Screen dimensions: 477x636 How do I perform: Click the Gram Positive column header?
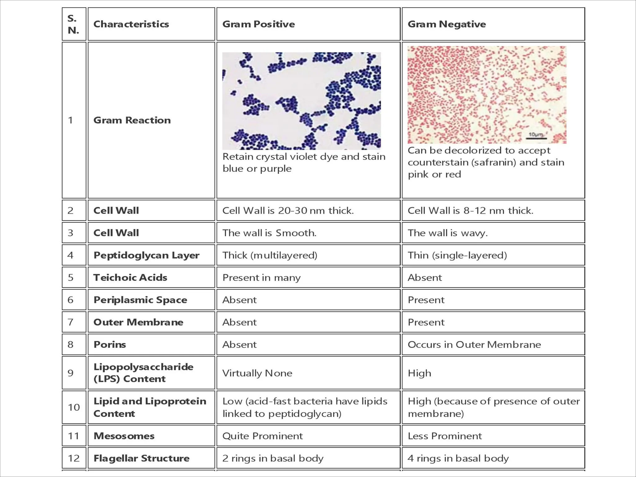click(x=259, y=24)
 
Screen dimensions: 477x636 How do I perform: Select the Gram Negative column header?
click(x=447, y=24)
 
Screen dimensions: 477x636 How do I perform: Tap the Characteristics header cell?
click(x=131, y=24)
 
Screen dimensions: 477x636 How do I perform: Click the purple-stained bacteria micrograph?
click(x=302, y=101)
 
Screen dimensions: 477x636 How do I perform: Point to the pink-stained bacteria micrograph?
click(x=487, y=95)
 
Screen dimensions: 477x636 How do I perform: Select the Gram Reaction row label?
click(x=132, y=120)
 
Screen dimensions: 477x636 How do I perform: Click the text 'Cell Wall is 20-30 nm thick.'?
click(x=288, y=211)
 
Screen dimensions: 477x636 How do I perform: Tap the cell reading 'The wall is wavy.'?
click(x=447, y=233)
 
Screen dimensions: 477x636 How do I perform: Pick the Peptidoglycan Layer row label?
click(x=146, y=255)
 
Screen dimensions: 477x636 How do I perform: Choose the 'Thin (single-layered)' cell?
click(x=457, y=255)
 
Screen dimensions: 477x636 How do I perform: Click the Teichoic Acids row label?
click(x=130, y=278)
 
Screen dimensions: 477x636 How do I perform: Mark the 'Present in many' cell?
click(x=261, y=278)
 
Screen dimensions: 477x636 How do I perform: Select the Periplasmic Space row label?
click(x=140, y=300)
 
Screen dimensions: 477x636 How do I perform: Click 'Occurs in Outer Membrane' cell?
click(x=474, y=345)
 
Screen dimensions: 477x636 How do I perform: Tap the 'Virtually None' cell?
click(x=257, y=373)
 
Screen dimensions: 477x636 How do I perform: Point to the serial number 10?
click(x=74, y=407)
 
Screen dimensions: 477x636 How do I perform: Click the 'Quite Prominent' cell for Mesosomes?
click(x=262, y=436)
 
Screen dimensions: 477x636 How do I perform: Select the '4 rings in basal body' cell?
click(x=458, y=458)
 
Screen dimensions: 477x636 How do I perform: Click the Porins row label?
click(x=110, y=345)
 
